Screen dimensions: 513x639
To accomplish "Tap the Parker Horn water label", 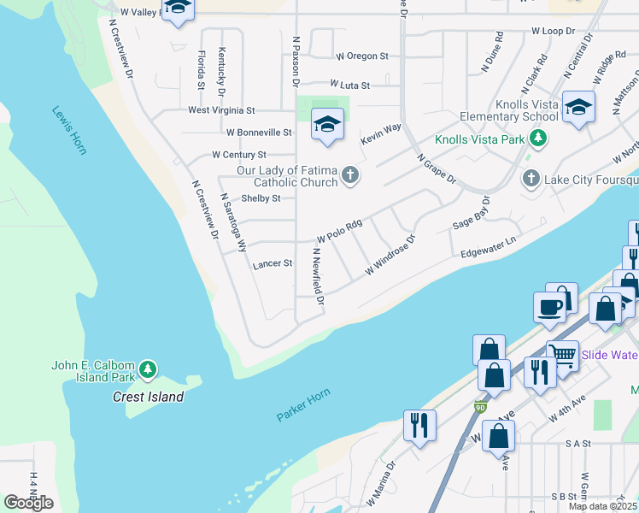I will (302, 405).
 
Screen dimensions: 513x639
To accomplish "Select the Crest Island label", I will (148, 397).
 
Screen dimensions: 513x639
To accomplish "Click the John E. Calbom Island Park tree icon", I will (149, 369).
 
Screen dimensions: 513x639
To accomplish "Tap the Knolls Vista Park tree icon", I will (537, 138).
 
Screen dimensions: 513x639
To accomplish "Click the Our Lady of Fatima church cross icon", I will (349, 176).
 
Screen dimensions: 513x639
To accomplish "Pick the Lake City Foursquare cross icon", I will (531, 179).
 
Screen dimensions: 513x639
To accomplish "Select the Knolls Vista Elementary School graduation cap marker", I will (578, 107).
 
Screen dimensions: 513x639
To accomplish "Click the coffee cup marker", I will (548, 306).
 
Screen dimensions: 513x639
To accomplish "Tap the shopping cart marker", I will (561, 355).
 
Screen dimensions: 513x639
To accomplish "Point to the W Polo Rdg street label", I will (340, 231).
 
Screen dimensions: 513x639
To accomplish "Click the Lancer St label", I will (273, 265).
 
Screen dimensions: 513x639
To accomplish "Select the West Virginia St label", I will (221, 110).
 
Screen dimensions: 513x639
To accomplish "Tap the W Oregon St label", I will (362, 56).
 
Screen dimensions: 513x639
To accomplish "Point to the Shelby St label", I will (261, 198).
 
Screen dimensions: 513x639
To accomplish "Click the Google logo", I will (28, 503).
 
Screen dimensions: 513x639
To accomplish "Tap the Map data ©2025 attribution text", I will (603, 506).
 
